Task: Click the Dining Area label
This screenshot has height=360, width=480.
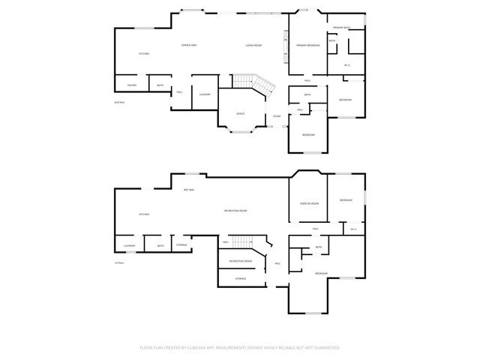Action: (189, 46)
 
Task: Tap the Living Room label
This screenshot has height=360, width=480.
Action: (253, 46)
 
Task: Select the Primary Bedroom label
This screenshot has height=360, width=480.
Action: (307, 46)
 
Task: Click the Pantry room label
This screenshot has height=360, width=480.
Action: (131, 85)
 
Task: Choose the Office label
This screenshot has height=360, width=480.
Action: (241, 113)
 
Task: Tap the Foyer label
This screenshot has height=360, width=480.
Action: (277, 116)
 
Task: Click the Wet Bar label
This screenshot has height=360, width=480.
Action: (189, 190)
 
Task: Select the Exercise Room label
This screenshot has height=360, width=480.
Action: (310, 203)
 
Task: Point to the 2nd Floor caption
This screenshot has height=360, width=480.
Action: (118, 101)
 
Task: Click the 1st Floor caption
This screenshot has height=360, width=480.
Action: (118, 262)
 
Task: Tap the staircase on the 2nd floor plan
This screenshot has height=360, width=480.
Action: (247, 81)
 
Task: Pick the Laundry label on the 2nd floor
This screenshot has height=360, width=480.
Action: (205, 94)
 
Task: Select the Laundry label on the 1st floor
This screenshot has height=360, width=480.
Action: (129, 245)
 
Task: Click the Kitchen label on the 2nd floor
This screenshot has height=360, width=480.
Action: (144, 54)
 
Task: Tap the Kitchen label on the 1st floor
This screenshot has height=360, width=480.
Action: (144, 214)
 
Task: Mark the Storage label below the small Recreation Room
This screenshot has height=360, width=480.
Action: (240, 278)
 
